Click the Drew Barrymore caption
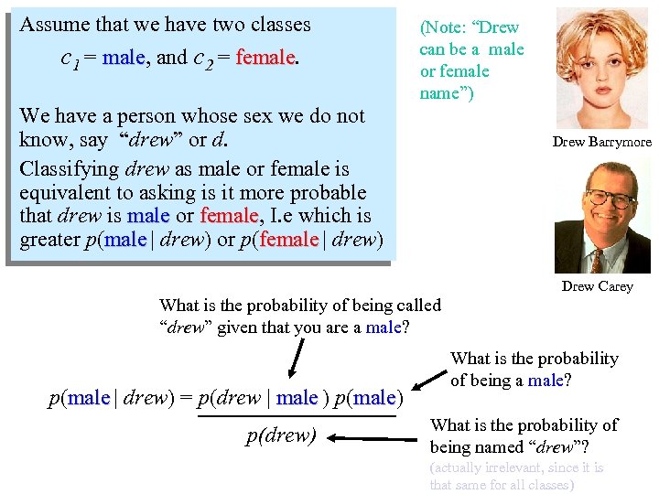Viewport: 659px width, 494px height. click(x=601, y=142)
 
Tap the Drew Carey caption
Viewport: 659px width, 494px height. click(x=597, y=286)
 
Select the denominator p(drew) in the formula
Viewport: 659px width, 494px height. click(x=281, y=435)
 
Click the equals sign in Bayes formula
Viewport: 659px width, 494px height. click(x=186, y=399)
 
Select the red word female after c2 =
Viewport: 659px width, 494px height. click(x=265, y=58)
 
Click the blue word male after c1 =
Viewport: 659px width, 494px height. click(x=124, y=58)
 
